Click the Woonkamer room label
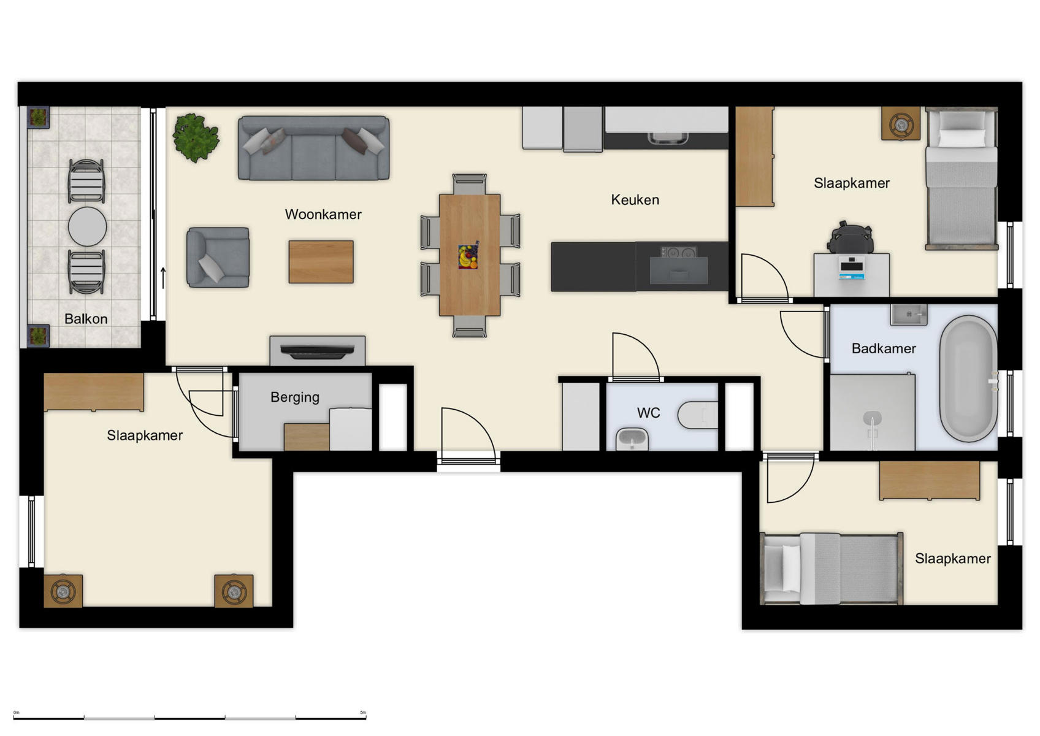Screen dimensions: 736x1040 point(323,215)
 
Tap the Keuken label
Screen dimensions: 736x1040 point(635,200)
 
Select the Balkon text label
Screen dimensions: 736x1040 point(86,319)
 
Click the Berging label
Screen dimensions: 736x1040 point(295,397)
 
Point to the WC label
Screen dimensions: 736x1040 point(648,413)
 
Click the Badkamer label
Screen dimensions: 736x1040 point(884,349)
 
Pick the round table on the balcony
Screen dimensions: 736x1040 point(87,226)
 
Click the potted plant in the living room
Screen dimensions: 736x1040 point(196,137)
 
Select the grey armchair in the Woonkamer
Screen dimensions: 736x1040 point(218,258)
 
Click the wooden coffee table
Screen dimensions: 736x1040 point(321,262)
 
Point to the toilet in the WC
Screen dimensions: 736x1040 point(698,415)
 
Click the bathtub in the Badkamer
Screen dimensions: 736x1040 point(968,378)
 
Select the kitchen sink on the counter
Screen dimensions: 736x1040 point(665,137)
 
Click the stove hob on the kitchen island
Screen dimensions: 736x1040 point(678,252)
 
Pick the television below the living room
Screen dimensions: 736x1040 point(317,351)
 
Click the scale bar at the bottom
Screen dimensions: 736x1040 point(189,718)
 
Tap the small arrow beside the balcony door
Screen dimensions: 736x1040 point(163,278)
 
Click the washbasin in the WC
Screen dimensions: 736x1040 point(632,439)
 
